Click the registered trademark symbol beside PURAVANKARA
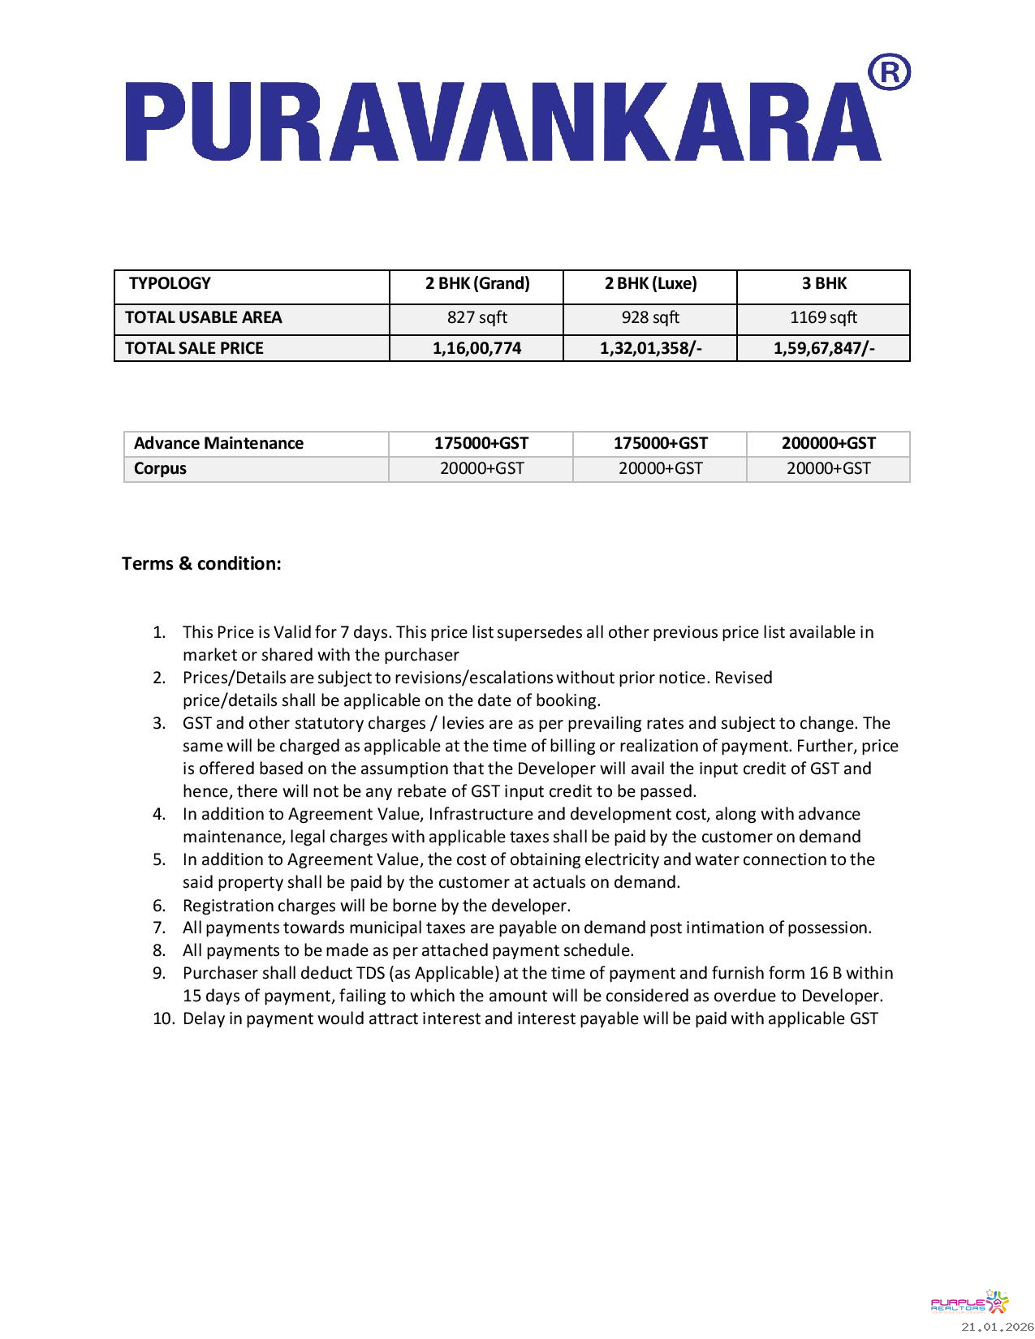click(x=889, y=73)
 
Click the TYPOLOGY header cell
click(x=170, y=283)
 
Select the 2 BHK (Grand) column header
click(x=477, y=283)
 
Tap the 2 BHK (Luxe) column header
click(x=650, y=283)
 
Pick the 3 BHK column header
click(x=824, y=283)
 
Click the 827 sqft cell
click(x=477, y=317)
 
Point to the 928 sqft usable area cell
click(x=650, y=317)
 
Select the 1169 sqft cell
click(x=823, y=317)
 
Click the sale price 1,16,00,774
click(x=477, y=348)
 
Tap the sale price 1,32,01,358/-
click(x=650, y=348)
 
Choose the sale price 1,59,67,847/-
click(x=824, y=348)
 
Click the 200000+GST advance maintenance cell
click(x=829, y=443)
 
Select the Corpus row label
click(x=160, y=468)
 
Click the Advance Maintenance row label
click(x=218, y=443)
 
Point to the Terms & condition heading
click(x=201, y=563)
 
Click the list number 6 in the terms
click(x=159, y=905)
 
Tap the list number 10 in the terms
click(x=163, y=1018)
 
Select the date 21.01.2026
click(x=997, y=1327)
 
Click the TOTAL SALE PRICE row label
click(x=194, y=348)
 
